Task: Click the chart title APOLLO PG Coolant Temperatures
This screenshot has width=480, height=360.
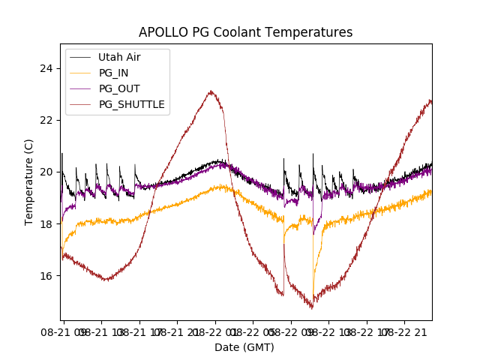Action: [x=245, y=33]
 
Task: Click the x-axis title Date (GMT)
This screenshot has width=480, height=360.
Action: [x=244, y=347]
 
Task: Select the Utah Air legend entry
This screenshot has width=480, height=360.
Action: [x=119, y=57]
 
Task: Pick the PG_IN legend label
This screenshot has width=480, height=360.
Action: [x=113, y=73]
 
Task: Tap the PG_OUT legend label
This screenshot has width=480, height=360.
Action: [x=118, y=88]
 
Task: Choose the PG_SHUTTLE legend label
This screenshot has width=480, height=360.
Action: [x=131, y=104]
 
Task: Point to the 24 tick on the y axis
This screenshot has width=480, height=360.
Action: [x=47, y=68]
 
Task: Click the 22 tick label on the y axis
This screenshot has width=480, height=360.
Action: [x=47, y=120]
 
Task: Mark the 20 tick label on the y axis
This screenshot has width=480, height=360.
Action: [x=47, y=172]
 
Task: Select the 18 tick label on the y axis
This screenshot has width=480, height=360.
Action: [x=47, y=223]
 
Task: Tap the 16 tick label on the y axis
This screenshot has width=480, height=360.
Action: [x=47, y=275]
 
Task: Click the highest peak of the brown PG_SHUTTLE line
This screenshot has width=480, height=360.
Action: [x=211, y=91]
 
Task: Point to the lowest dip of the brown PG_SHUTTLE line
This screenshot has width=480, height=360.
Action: [x=312, y=307]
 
